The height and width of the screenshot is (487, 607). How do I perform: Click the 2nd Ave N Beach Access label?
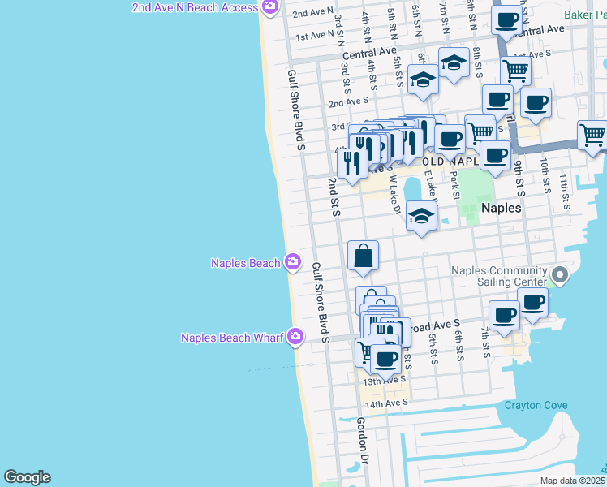coord(195,7)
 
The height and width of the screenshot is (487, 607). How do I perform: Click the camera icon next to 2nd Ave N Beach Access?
coord(270,7)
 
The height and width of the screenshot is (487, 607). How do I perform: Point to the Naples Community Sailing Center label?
coord(499,276)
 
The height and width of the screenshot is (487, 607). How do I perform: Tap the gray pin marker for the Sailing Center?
coord(558,274)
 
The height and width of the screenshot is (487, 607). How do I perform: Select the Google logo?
coord(27,477)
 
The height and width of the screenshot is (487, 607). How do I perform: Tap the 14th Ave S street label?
coord(385,403)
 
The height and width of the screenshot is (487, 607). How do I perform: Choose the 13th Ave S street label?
coord(384,381)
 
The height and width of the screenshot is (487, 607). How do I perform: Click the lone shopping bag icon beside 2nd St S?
coord(363,256)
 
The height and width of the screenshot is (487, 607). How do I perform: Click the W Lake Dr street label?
coord(396,195)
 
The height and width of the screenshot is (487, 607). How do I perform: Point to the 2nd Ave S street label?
coord(348,102)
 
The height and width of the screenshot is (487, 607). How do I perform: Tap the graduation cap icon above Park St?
coord(454,62)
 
